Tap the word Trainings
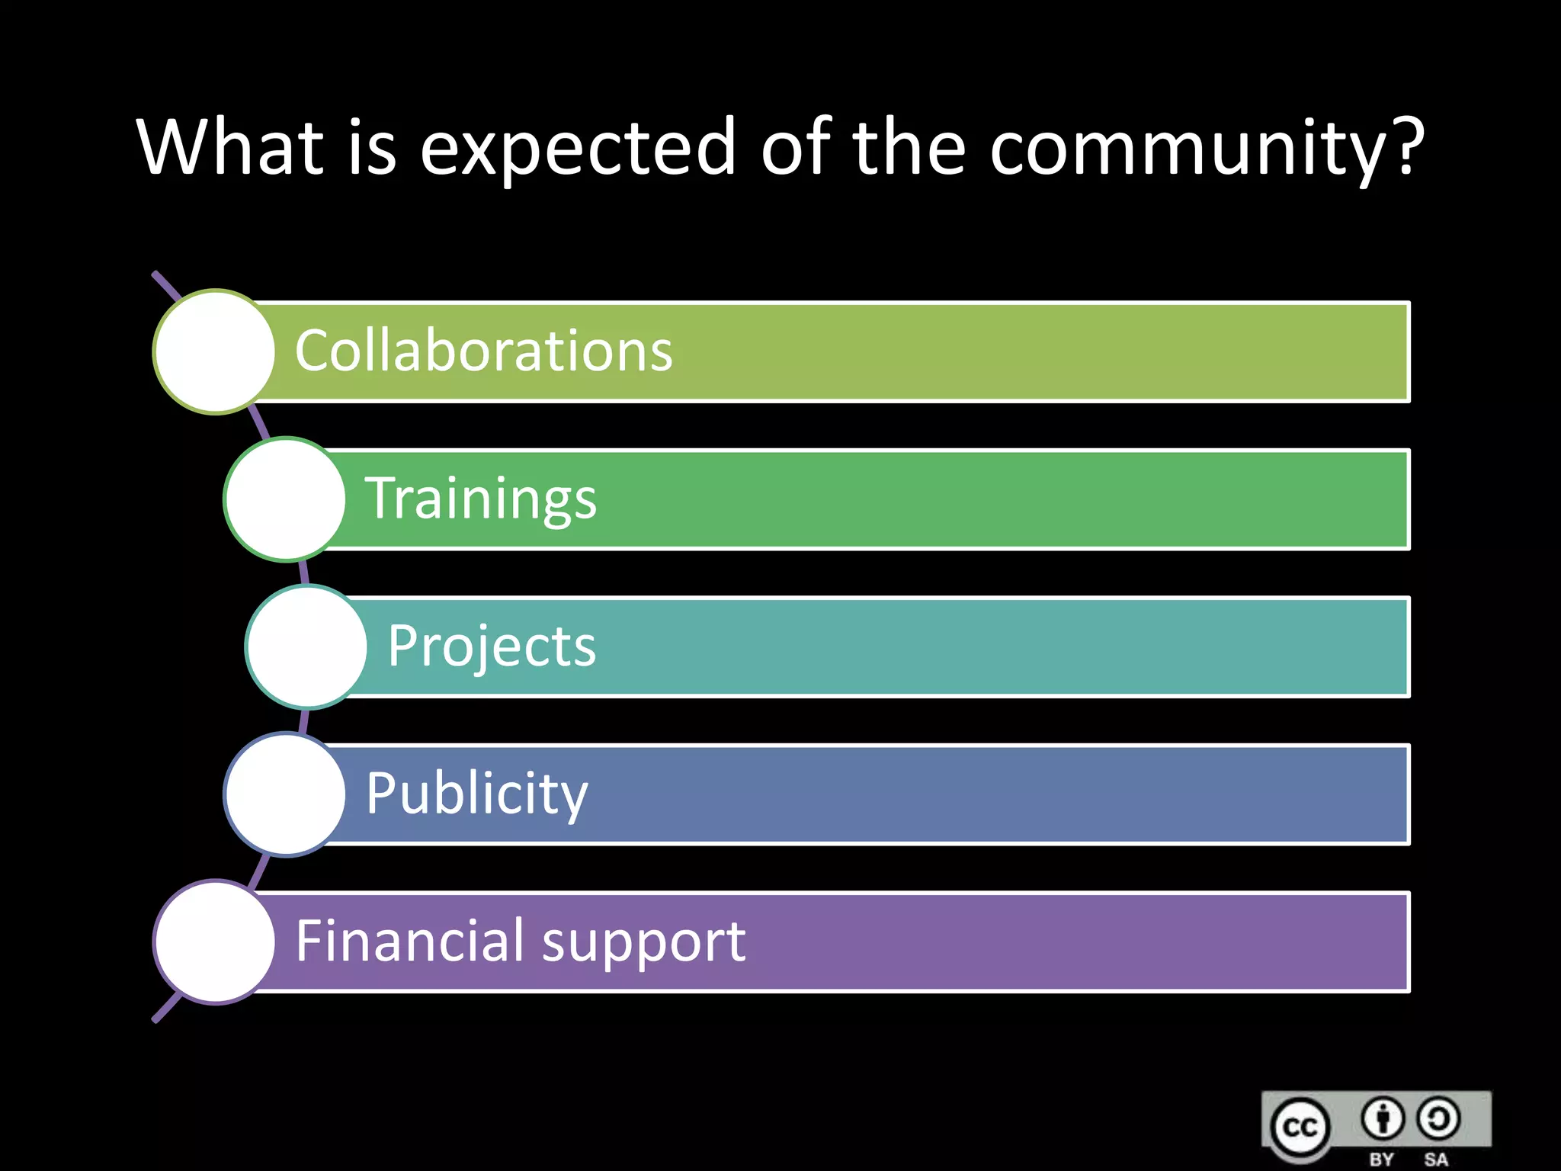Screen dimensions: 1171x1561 (480, 499)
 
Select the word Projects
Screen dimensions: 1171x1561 (492, 646)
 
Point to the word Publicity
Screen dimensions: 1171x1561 (476, 794)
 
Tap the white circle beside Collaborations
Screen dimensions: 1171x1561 (214, 351)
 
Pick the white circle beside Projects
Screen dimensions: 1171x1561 (306, 646)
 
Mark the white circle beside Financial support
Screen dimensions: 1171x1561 (214, 942)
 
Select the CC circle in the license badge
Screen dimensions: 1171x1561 (1300, 1127)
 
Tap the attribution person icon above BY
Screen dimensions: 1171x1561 (1382, 1118)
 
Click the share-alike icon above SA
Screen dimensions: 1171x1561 (1438, 1118)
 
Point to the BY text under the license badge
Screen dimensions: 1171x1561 (1381, 1160)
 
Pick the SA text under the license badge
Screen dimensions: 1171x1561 (1436, 1160)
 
